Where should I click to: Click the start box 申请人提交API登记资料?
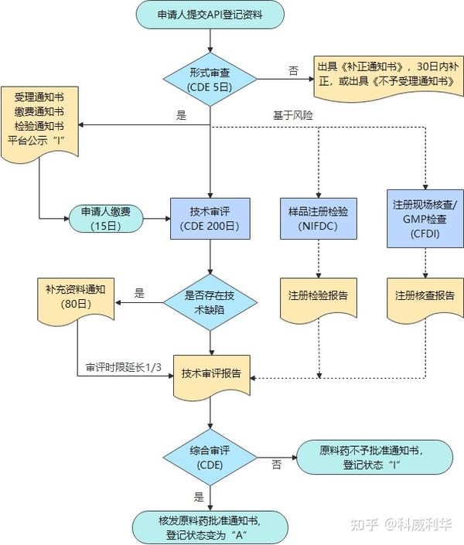[210, 15]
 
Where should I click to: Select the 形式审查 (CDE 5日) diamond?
[210, 80]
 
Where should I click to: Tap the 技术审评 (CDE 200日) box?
[210, 219]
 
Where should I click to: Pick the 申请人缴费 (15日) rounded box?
[106, 219]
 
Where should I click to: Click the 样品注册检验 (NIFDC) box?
[319, 219]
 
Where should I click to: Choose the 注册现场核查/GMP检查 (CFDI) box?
[425, 219]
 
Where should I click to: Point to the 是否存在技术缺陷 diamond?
[210, 302]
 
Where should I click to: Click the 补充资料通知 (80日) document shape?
[76, 301]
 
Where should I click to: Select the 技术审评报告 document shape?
[211, 376]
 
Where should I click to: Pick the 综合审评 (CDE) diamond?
[210, 458]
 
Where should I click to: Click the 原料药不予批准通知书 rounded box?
[374, 458]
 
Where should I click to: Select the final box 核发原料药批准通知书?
[210, 527]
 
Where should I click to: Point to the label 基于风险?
[293, 115]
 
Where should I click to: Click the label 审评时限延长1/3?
[124, 367]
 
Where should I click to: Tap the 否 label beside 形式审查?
[293, 71]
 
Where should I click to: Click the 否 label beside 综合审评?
[276, 465]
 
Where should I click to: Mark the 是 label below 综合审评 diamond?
[199, 497]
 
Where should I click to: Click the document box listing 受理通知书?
[39, 124]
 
